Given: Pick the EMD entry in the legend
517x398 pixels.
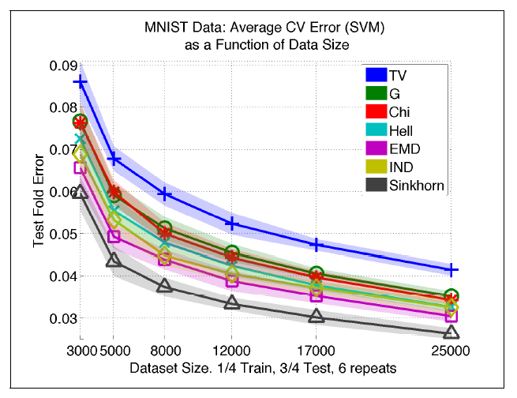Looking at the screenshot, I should [x=408, y=149].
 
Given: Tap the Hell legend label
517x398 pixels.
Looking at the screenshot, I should [x=406, y=131].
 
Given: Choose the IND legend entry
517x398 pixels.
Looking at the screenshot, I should [x=406, y=168].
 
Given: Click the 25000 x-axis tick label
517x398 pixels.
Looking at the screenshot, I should [x=451, y=348].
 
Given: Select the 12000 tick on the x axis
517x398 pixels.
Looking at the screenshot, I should [x=232, y=348].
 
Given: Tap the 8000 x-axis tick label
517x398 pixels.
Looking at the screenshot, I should [x=164, y=348].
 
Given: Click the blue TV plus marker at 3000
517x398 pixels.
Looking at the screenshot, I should [x=81, y=82].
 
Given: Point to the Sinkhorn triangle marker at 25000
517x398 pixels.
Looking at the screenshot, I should [x=451, y=333].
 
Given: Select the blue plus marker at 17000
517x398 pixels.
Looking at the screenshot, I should [x=317, y=245].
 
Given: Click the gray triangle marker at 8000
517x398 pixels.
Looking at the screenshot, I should [x=164, y=286].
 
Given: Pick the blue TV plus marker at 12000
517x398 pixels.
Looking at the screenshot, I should [x=232, y=223].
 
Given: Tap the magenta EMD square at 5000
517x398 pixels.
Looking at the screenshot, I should [x=114, y=236].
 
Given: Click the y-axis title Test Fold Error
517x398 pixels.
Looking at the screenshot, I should [x=39, y=193].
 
